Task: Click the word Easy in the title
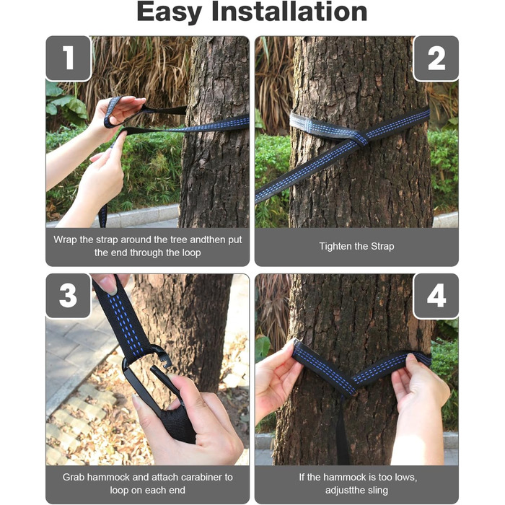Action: [x=170, y=13]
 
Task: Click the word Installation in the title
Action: [x=289, y=12]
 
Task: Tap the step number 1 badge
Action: [x=69, y=58]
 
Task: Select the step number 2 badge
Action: [x=436, y=58]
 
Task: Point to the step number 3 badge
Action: [x=69, y=295]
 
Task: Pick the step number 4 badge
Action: [x=436, y=295]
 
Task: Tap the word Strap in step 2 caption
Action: [x=382, y=247]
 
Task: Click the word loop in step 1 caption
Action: [x=192, y=252]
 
